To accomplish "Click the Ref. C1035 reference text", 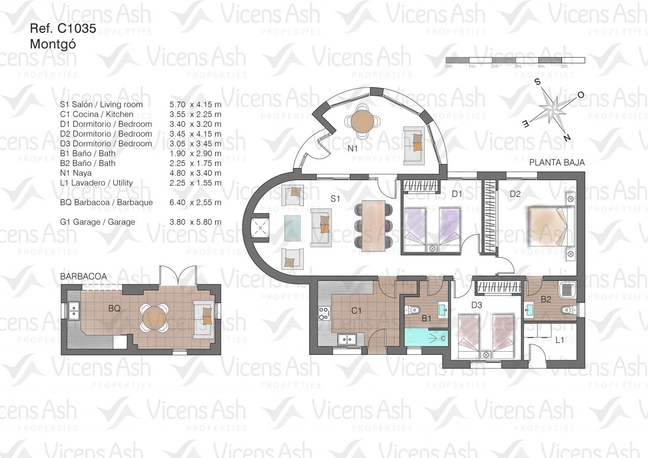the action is pos(63,29).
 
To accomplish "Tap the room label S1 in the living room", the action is pos(335,199).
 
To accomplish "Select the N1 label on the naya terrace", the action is pos(353,149).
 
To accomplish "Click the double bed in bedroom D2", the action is pos(552,226).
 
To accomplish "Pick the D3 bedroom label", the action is pos(476,305).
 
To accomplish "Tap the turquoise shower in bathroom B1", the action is pos(426,337).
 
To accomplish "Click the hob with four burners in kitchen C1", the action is pos(323,313).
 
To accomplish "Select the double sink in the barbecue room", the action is pos(74,311).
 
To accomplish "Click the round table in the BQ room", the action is pos(154,318).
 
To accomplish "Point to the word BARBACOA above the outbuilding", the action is pos(84,276).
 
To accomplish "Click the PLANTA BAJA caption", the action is pos(557,162).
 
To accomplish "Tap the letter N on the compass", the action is pos(566,138).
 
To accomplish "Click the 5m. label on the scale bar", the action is pos(564,66).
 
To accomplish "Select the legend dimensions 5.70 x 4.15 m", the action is pos(195,104).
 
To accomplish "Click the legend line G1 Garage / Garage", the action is pos(98,222).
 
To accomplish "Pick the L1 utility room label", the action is pos(559,340).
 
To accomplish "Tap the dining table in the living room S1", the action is pos(373,226).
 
